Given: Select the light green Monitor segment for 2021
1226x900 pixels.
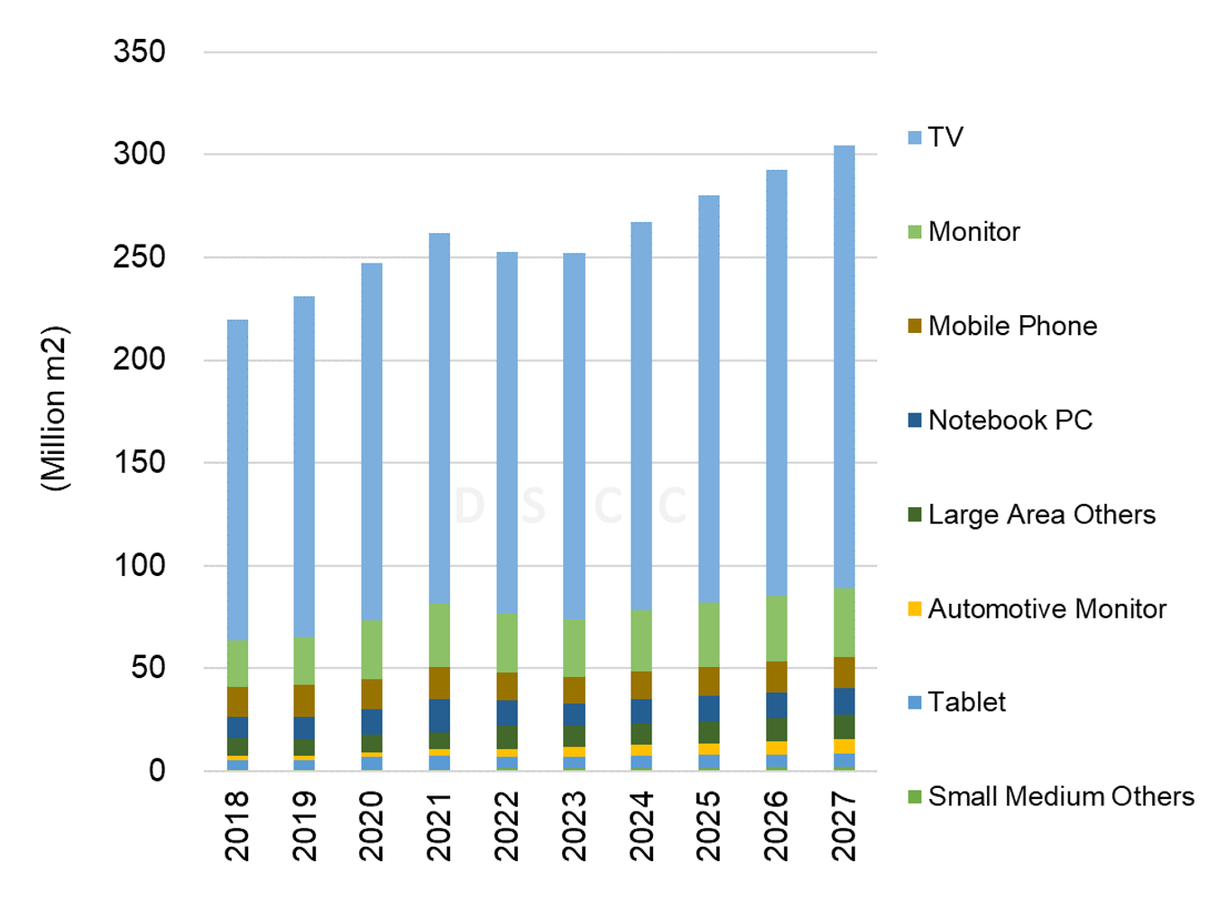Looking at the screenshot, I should tap(439, 636).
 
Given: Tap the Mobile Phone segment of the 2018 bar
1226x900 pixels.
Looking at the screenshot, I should tap(237, 701).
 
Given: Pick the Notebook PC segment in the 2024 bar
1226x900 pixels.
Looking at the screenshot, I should tap(641, 711).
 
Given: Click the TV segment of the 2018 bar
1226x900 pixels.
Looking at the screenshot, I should tap(237, 479).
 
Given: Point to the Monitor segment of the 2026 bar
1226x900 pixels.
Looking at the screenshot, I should tap(776, 628).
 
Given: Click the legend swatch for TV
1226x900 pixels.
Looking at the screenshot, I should tap(915, 138).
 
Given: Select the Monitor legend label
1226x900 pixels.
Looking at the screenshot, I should tap(973, 232).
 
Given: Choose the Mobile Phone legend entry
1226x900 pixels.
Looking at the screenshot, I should tap(1012, 326).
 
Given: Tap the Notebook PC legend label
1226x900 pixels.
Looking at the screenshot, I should tap(1009, 421).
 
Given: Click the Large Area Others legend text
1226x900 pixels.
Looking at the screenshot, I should tap(1041, 515).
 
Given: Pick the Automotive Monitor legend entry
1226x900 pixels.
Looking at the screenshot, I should tap(1046, 609).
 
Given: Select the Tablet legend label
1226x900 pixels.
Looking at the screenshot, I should tap(966, 702).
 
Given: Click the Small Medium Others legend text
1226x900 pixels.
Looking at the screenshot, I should tap(1060, 796).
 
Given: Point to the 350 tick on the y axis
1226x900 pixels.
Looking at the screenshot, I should tap(140, 51).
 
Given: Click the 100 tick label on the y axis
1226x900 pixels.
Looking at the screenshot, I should tap(140, 565).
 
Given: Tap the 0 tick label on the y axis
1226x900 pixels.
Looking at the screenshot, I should tap(157, 771).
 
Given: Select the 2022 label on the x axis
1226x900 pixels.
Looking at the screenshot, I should tap(507, 826).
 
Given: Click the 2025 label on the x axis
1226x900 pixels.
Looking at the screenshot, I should tap(709, 826).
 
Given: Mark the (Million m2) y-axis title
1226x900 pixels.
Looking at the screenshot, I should tap(54, 408).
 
